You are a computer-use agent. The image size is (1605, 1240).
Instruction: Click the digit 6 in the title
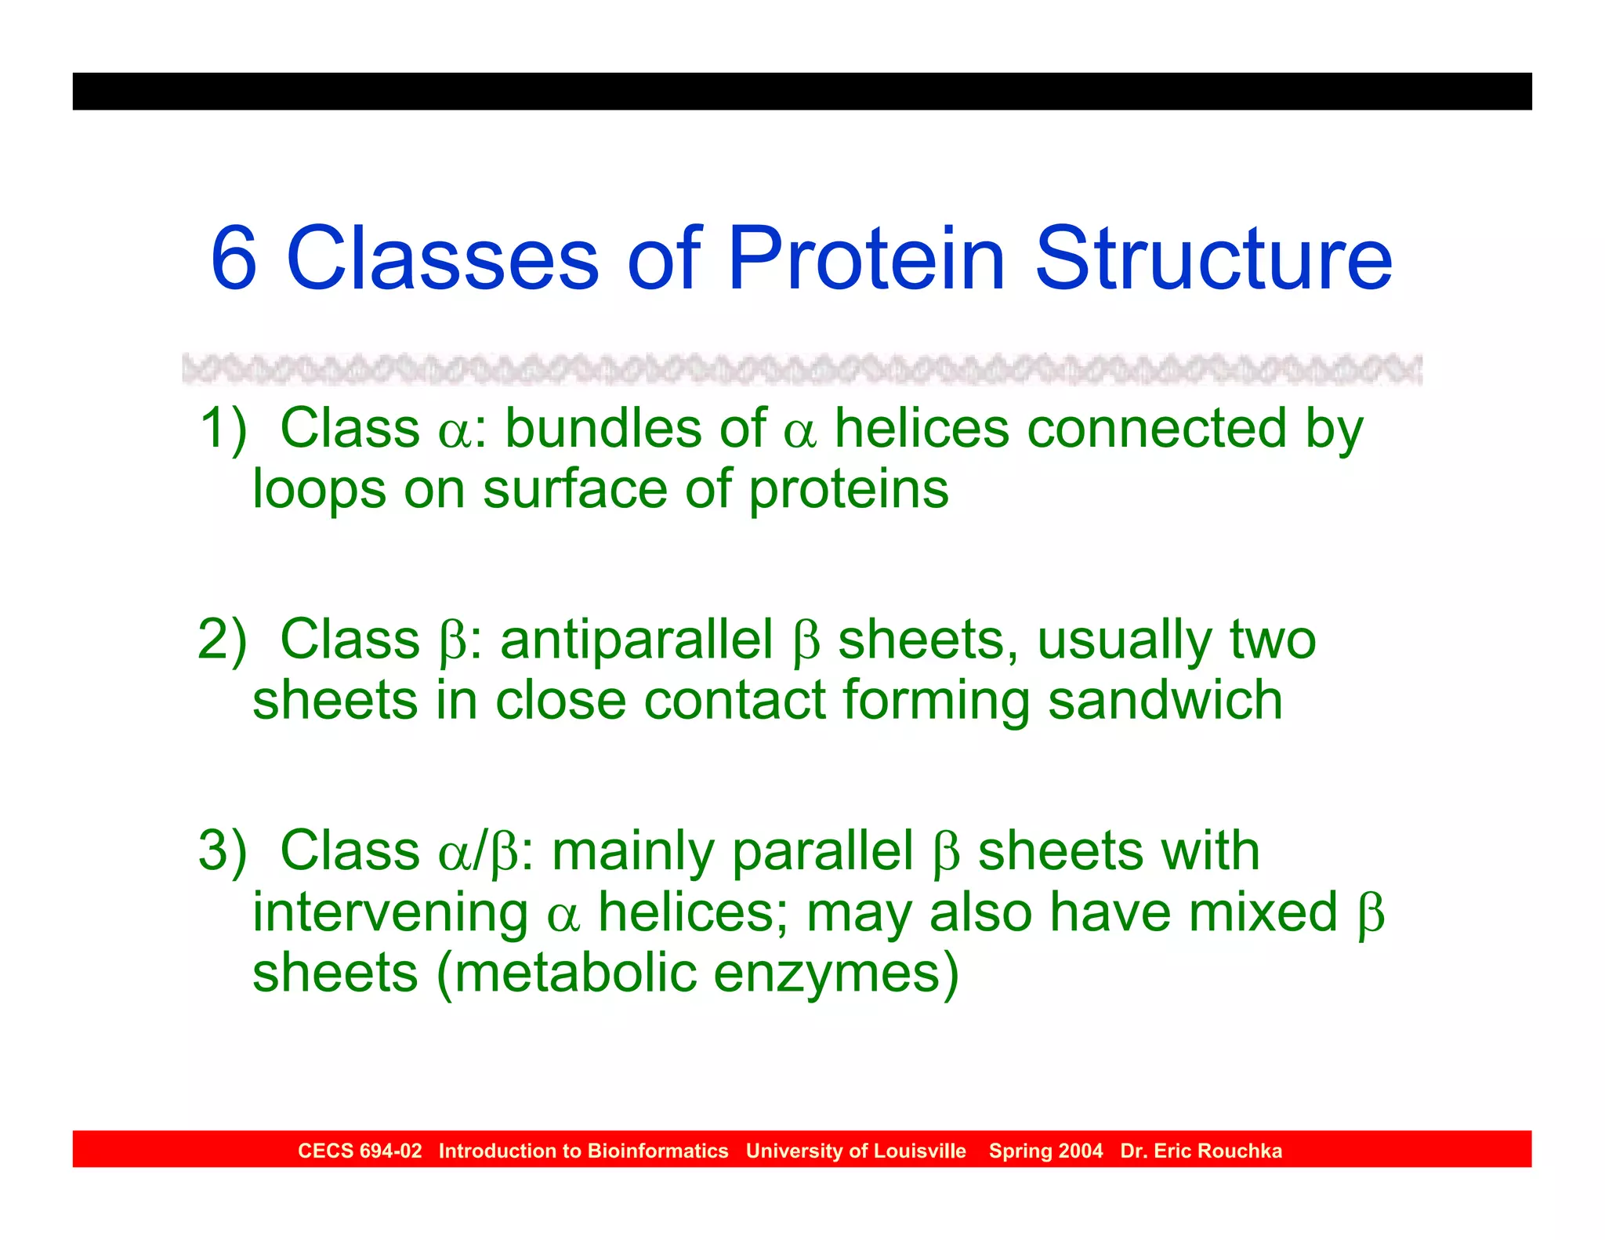234,259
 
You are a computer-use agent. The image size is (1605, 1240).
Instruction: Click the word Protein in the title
866,259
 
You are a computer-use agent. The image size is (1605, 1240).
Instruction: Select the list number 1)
223,429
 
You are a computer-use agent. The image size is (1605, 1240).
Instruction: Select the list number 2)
223,640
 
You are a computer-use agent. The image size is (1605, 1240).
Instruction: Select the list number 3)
223,851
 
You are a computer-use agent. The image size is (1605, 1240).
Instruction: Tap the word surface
574,490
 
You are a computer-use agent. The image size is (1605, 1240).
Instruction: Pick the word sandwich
1165,700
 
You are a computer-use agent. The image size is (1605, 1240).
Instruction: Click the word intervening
389,913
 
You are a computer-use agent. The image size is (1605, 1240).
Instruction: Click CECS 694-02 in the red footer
360,1151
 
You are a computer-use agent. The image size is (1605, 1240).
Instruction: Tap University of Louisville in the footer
856,1151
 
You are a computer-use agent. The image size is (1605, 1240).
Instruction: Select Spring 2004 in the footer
1045,1151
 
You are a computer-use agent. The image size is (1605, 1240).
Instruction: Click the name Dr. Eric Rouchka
1201,1151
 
